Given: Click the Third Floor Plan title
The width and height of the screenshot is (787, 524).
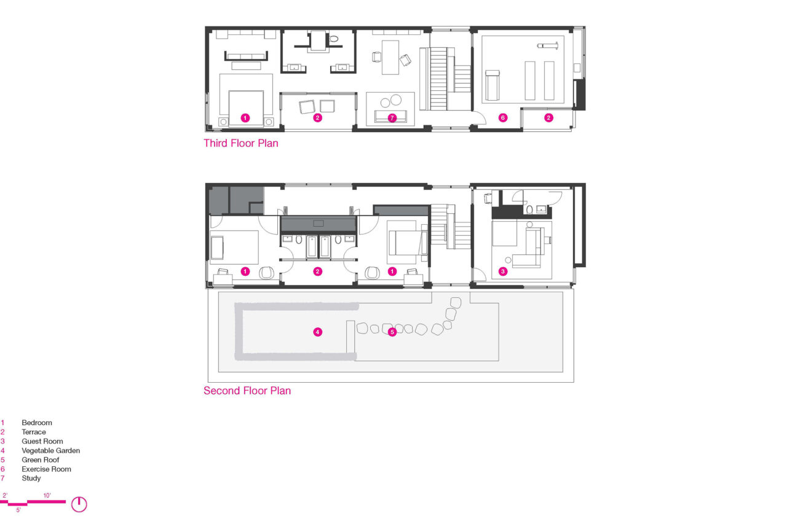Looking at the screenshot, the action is [x=241, y=143].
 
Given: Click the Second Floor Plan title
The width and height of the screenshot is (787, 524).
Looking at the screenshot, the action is [x=247, y=391].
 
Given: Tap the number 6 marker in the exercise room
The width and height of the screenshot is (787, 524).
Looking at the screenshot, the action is [x=503, y=118].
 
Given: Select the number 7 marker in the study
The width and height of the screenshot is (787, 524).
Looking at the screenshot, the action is [x=392, y=118].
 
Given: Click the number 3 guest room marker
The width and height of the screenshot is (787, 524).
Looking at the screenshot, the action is [x=503, y=272].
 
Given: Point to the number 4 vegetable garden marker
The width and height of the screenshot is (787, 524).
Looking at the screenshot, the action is [x=318, y=332].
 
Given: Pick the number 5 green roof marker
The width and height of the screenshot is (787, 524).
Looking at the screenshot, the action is [x=392, y=332].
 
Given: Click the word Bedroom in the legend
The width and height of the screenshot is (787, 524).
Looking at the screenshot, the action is [x=37, y=423].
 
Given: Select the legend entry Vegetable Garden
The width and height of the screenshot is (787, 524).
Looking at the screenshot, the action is [x=51, y=450].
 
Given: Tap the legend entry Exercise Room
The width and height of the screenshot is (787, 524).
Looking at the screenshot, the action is [x=46, y=469].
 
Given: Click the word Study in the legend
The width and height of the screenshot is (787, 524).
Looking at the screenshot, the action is [x=31, y=478].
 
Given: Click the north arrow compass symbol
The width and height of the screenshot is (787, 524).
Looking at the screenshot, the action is [x=79, y=504].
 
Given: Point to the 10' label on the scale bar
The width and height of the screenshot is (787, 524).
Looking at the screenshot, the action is [x=47, y=496].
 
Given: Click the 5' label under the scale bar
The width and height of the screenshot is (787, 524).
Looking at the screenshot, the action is [x=18, y=510].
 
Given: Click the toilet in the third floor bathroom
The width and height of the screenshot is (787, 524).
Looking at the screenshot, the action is [x=334, y=39].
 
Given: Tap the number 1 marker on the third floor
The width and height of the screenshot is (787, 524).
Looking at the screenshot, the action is [x=245, y=118].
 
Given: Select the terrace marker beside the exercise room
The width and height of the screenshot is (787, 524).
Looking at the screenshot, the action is [x=549, y=118].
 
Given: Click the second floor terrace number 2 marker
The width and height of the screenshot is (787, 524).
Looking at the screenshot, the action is [x=318, y=272].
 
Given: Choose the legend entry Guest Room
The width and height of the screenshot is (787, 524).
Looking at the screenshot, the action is [x=42, y=441].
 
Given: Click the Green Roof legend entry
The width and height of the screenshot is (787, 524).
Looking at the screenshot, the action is [x=41, y=459].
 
